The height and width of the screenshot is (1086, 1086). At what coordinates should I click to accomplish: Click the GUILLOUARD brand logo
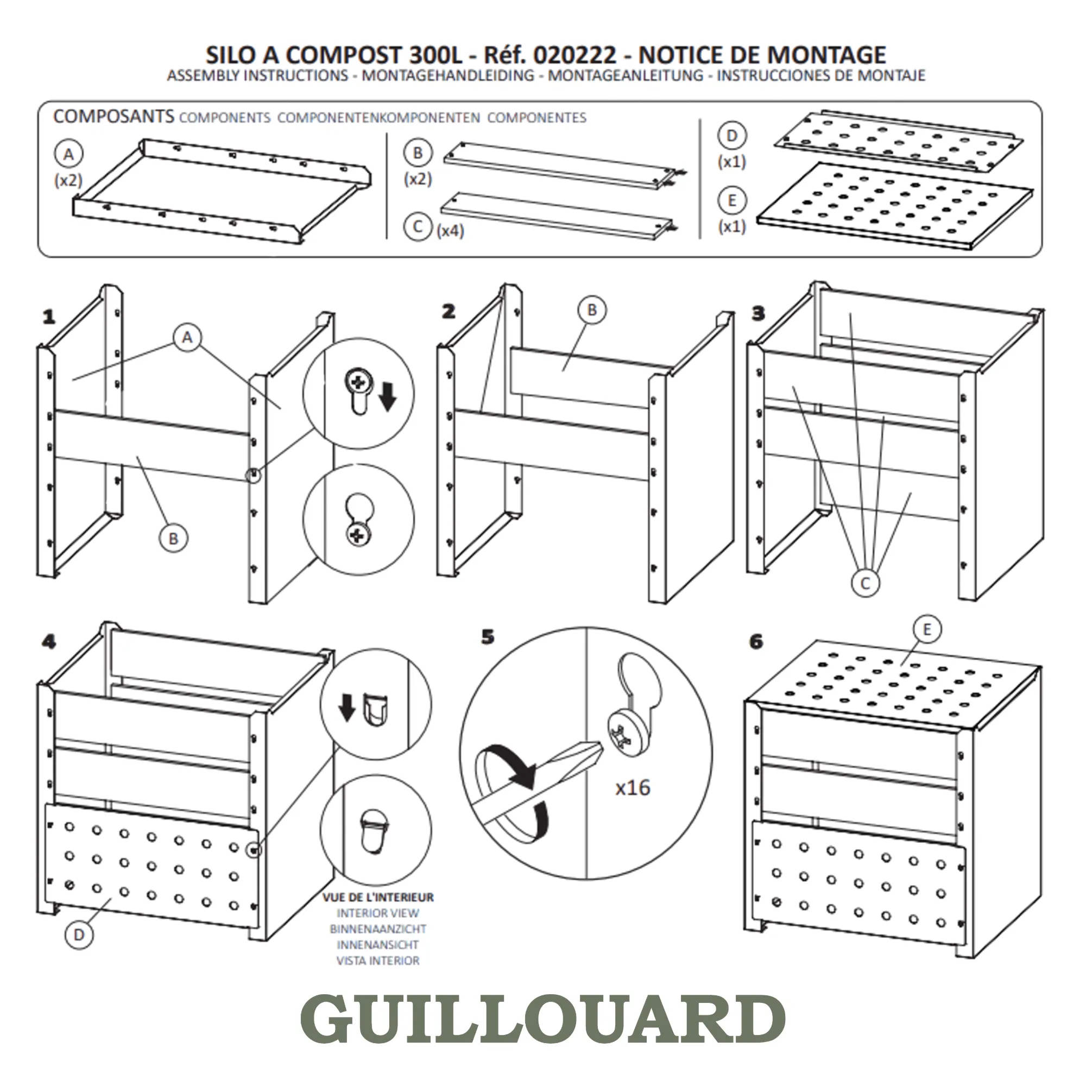[543, 1019]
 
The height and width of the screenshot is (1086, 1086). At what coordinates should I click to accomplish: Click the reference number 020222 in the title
[574, 55]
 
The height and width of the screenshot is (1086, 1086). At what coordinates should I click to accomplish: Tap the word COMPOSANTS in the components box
[113, 116]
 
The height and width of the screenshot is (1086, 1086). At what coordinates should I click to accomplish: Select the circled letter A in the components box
[68, 154]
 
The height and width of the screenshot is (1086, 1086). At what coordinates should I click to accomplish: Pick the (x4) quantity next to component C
[450, 230]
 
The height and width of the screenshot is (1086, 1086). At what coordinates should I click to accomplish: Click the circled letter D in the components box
[732, 135]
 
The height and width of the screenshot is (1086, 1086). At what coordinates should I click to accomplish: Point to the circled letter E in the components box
[732, 201]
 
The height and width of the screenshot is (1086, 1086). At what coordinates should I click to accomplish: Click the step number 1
[49, 317]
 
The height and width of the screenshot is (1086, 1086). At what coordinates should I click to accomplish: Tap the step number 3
[758, 313]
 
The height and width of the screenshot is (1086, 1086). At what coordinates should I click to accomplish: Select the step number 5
[488, 637]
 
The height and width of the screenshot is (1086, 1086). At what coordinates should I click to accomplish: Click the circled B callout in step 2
[592, 310]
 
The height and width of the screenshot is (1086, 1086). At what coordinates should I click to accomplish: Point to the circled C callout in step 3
[865, 583]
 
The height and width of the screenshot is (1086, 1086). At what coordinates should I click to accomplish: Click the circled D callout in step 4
[79, 935]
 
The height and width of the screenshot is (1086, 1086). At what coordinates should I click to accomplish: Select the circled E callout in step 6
[927, 629]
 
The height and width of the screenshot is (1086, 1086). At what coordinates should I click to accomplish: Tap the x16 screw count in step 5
[633, 787]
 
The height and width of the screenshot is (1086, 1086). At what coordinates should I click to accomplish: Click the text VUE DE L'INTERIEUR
[378, 898]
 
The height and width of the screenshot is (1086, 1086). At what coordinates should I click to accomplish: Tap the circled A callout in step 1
[187, 337]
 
